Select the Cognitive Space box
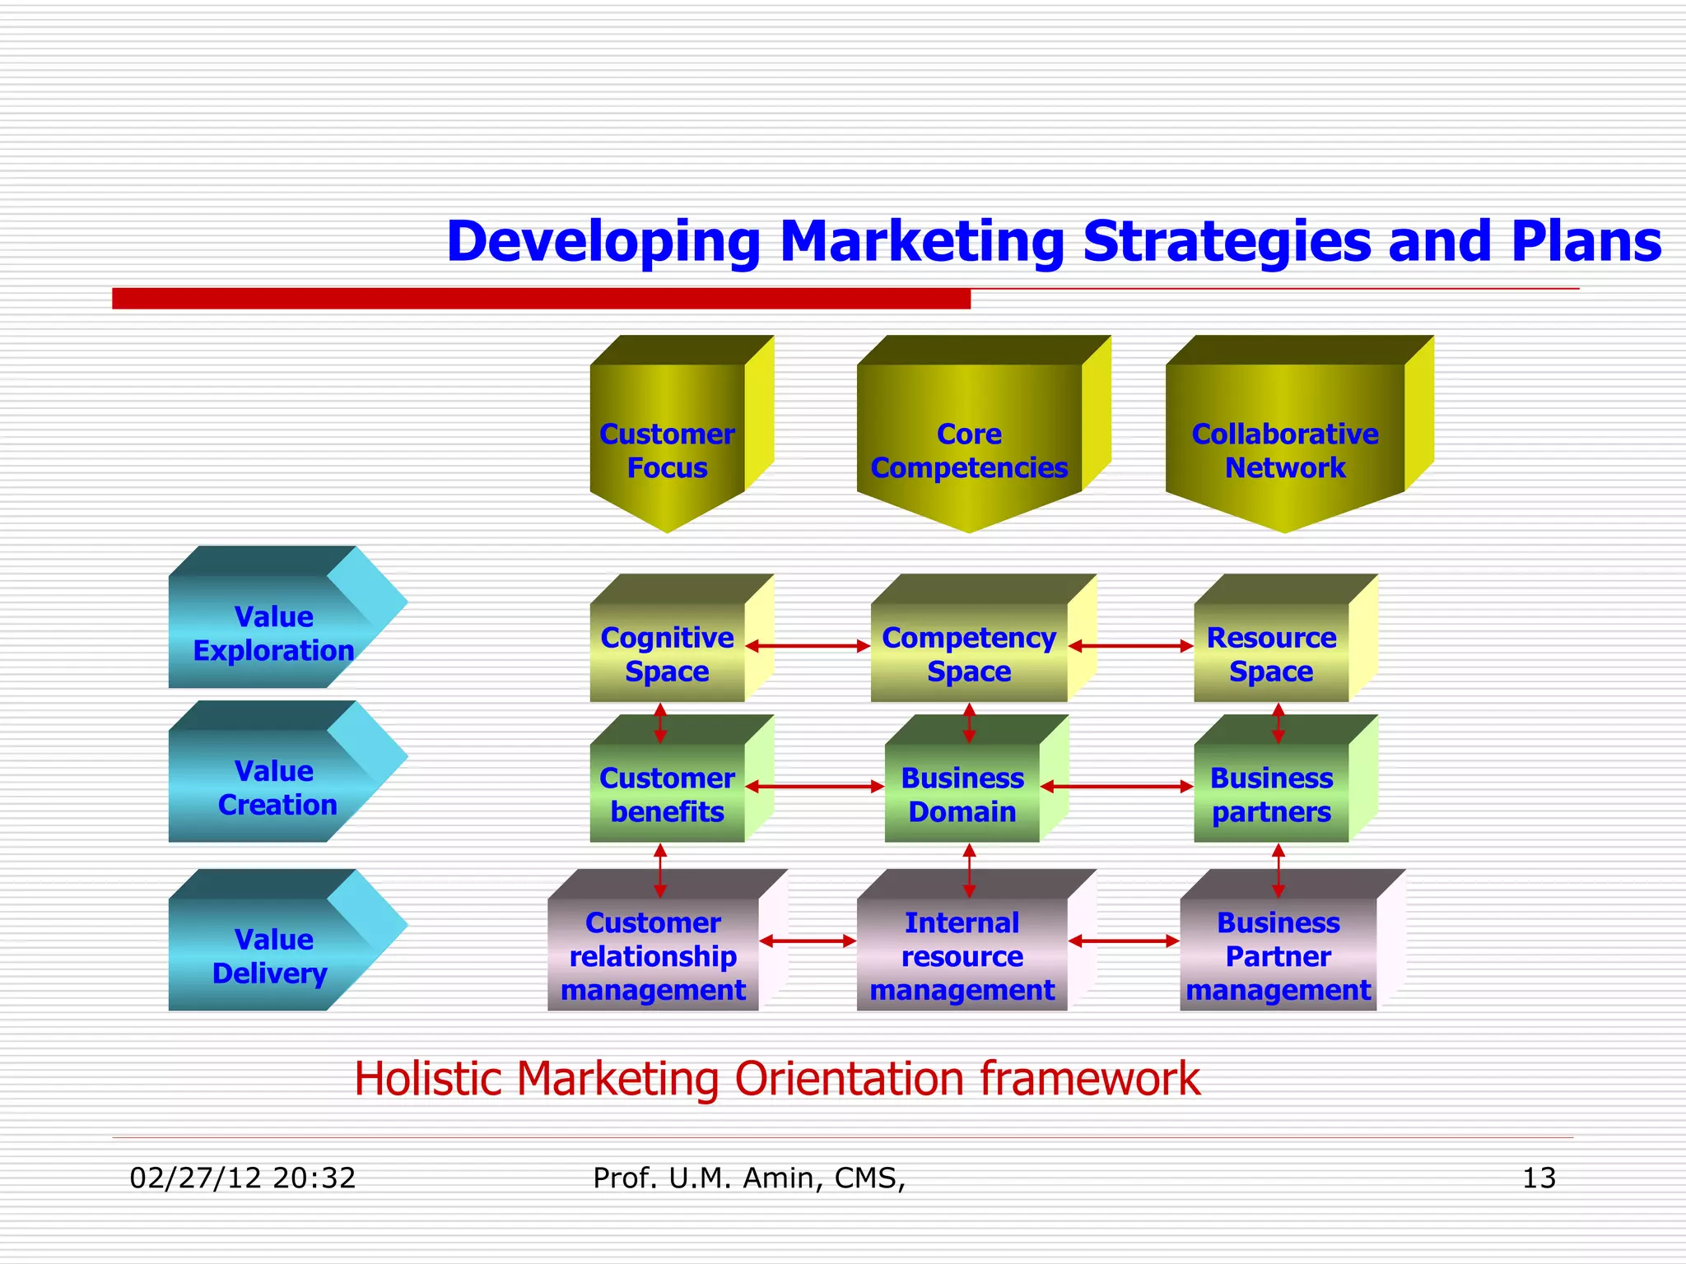(668, 654)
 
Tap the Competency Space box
(969, 654)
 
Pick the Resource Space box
(1272, 654)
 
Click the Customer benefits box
(668, 794)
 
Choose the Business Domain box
(962, 794)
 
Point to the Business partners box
(1272, 794)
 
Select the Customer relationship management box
(653, 956)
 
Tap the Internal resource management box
(962, 956)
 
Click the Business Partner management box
(1278, 956)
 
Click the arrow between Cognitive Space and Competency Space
(808, 646)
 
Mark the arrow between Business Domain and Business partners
(1117, 787)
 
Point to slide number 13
(1539, 1178)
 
